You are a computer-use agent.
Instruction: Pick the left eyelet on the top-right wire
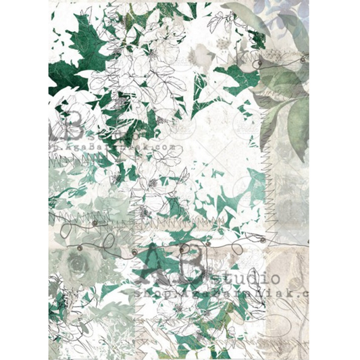257,61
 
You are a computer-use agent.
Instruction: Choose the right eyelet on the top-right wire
302,60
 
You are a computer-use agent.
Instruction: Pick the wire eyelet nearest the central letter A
134,252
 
